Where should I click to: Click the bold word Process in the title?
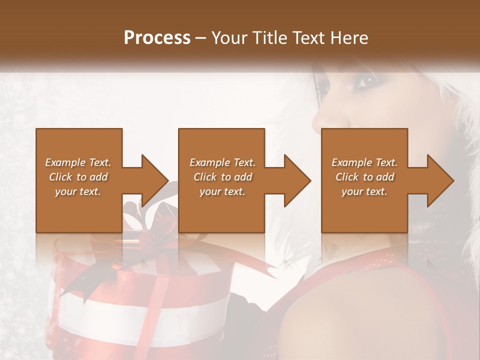[157, 38]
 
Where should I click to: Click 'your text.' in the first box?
[78, 191]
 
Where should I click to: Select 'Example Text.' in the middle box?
[222, 162]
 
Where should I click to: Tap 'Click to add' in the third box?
[364, 177]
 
